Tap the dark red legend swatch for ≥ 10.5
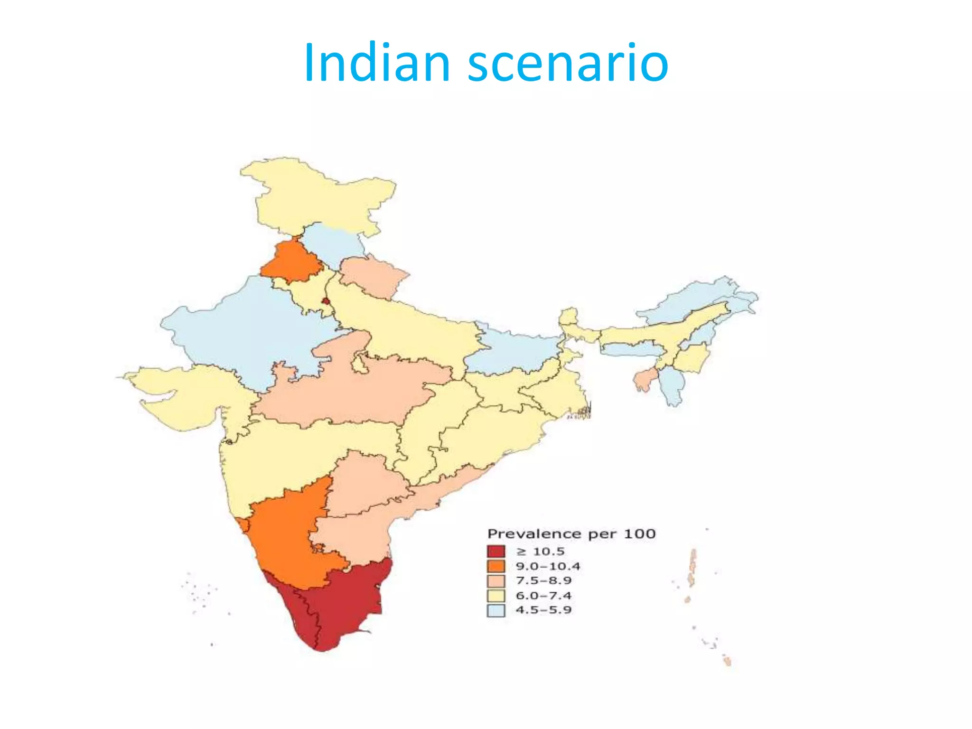point(495,551)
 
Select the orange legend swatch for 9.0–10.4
point(495,566)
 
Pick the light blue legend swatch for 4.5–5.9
point(495,610)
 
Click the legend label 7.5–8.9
point(543,580)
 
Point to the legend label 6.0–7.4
point(543,596)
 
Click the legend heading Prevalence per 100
point(571,534)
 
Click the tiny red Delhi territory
point(326,300)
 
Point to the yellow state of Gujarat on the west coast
point(190,394)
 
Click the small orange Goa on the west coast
point(244,524)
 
